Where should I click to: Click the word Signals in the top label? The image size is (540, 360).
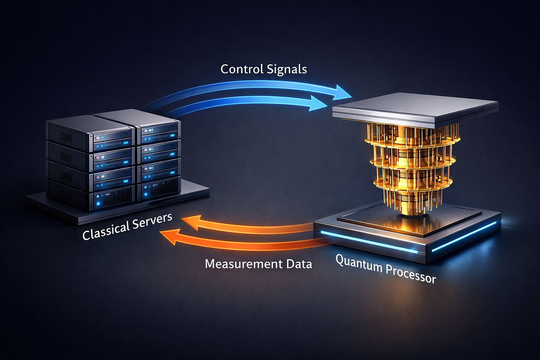coord(291,70)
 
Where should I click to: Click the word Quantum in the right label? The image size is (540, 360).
coord(358,263)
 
